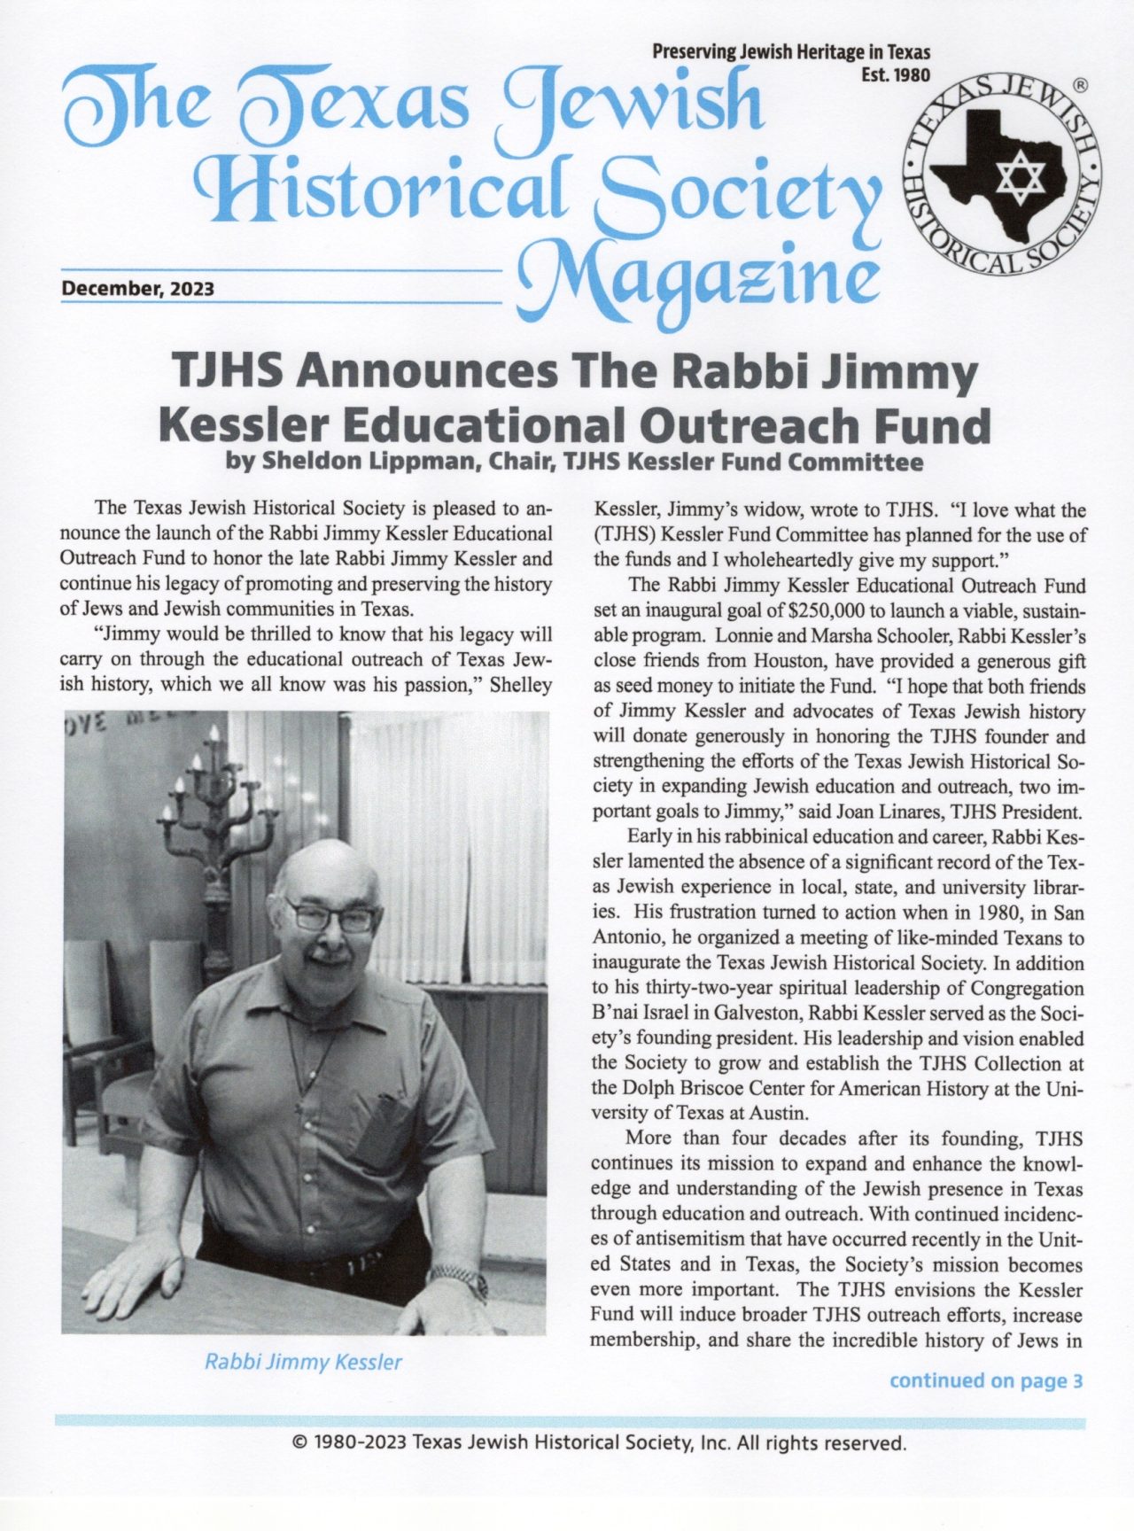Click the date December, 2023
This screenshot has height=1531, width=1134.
pos(137,289)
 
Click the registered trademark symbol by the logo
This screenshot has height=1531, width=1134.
pos(1080,86)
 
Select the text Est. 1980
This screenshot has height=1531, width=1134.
pos(896,74)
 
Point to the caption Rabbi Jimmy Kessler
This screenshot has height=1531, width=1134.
pos(303,1362)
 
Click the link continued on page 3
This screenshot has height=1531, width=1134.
pos(986,1380)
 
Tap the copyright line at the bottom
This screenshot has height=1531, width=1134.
pos(599,1443)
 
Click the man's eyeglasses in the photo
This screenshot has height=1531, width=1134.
pos(332,916)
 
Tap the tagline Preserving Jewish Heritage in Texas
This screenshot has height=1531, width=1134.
pos(791,52)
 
